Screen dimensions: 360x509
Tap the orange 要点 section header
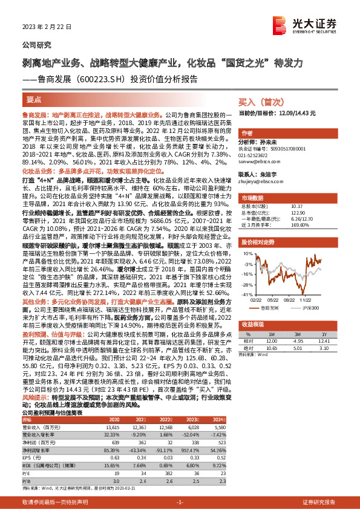34,99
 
